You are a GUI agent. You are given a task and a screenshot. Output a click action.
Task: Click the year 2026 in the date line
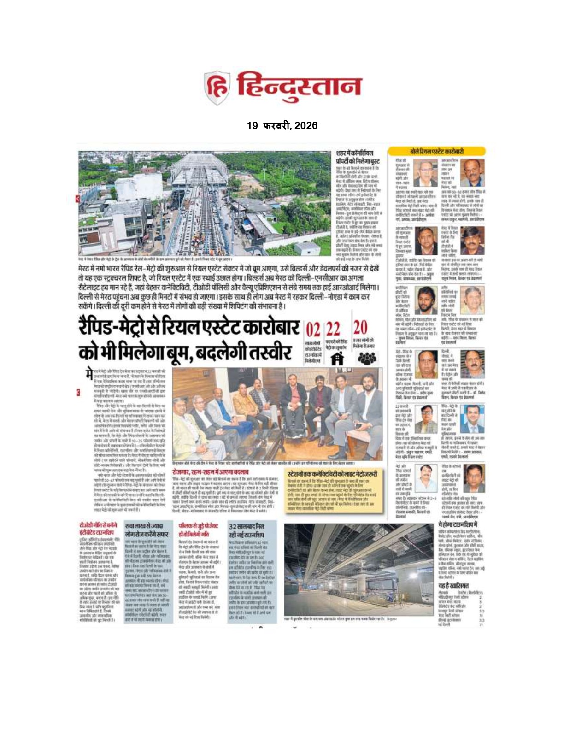coord(305,125)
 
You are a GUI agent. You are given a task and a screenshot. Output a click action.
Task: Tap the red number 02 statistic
coord(313,330)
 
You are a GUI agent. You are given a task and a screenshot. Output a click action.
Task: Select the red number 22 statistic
coord(333,330)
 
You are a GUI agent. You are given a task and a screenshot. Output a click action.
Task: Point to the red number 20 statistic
coord(360,328)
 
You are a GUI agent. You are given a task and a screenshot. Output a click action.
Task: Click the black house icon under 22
coord(338,359)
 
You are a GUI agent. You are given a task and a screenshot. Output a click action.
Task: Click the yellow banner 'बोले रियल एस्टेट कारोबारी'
coord(436,151)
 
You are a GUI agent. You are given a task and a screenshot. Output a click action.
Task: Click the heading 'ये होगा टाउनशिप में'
coord(458,525)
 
